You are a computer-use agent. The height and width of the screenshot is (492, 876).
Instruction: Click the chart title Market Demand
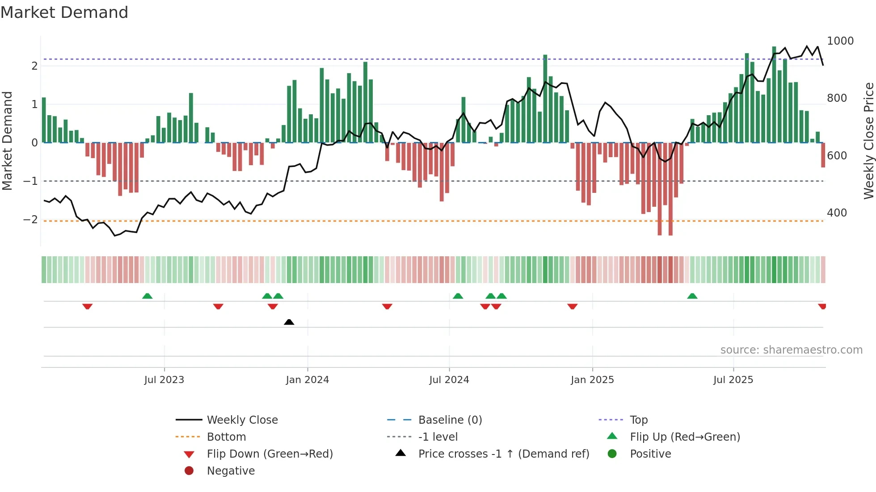coord(64,13)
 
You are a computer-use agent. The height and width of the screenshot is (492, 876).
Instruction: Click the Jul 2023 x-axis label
coord(164,380)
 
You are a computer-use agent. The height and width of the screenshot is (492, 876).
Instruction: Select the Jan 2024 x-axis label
coord(307,380)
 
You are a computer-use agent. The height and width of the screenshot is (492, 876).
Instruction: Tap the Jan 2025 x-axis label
coord(592,380)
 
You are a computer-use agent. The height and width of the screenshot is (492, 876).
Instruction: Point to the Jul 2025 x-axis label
coord(733,380)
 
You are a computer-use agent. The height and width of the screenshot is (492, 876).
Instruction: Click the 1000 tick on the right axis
coord(840,41)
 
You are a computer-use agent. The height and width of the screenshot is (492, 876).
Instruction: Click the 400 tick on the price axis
coord(837,213)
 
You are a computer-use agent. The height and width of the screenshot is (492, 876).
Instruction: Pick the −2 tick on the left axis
coord(30,220)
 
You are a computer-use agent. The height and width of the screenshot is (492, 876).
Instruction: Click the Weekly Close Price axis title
coord(868,141)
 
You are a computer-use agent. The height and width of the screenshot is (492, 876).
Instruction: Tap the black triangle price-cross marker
coord(289,322)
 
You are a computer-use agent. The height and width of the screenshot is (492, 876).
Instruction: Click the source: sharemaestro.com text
coord(791,350)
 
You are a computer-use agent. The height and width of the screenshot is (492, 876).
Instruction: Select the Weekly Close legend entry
coord(242,420)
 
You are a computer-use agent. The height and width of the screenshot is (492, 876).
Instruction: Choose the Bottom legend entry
coord(226,437)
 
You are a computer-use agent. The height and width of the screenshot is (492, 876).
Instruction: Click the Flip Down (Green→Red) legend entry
coord(270,454)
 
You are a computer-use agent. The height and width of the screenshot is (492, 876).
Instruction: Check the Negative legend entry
coord(231,471)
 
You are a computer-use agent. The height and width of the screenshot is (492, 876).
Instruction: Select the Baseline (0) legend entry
coord(450,420)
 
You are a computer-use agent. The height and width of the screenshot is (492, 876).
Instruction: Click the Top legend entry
coord(638,420)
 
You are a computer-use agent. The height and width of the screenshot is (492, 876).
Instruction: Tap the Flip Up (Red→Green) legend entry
coord(685,437)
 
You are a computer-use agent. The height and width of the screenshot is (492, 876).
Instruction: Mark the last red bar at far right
coord(823,155)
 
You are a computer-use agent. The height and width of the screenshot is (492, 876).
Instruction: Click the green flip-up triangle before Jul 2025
coord(692,296)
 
